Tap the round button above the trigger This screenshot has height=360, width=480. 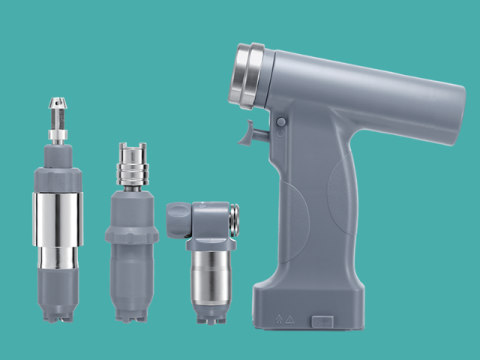[x=280, y=121]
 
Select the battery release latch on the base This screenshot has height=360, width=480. [x=322, y=321]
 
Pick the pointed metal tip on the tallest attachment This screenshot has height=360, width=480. [x=58, y=105]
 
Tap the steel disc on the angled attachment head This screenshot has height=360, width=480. [x=235, y=220]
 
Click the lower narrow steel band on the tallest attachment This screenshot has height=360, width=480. [x=58, y=258]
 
